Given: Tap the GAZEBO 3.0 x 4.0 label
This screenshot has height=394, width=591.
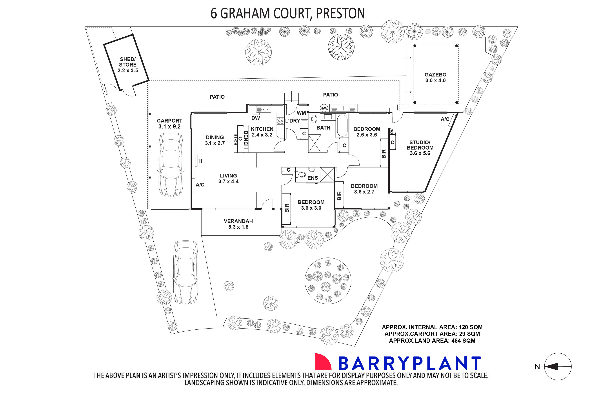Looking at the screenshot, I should coord(435,77).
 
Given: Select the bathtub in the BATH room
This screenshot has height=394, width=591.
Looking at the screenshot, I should coord(342,125).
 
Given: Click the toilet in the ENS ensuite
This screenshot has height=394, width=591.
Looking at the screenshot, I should coord(301,174).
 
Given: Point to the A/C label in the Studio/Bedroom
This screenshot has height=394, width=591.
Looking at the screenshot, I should coord(445,119).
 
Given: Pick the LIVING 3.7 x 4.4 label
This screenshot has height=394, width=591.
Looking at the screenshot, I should coord(228,178).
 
